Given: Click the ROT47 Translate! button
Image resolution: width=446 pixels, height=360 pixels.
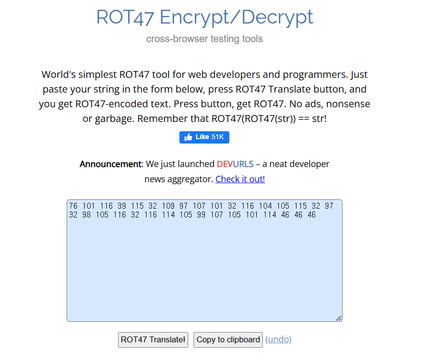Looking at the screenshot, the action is click(153, 339).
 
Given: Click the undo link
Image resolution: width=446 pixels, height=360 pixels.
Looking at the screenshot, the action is click(278, 339).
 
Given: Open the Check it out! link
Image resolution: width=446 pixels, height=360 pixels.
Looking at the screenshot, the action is click(240, 179).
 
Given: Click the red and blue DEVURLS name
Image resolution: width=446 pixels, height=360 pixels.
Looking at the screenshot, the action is click(235, 164).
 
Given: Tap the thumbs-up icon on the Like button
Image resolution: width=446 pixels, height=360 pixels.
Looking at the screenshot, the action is click(188, 138).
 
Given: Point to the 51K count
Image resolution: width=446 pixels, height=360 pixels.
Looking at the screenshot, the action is click(218, 137).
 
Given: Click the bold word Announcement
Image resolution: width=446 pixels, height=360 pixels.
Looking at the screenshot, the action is click(110, 164).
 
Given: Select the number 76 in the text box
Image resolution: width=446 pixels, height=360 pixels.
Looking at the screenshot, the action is click(74, 206).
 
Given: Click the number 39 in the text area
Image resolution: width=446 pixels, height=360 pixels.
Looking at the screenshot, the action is click(120, 206).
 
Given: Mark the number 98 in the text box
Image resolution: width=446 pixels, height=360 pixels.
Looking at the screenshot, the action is click(87, 215).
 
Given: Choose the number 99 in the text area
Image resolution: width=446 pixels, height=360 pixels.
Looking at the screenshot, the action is click(201, 215).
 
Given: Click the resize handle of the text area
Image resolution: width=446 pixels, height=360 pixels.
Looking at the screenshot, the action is click(339, 318).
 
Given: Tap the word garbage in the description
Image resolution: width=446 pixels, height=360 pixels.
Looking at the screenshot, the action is click(112, 119).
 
